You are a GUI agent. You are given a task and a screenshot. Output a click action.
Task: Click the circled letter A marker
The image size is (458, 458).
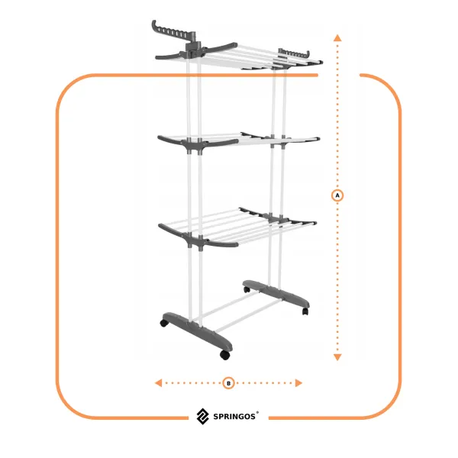[x=337, y=195]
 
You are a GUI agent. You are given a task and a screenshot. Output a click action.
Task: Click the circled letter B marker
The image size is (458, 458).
[x=228, y=383]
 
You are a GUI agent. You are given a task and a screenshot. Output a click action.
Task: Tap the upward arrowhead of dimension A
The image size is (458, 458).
[x=337, y=37]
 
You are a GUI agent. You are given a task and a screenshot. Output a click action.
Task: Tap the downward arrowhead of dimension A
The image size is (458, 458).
[x=337, y=357]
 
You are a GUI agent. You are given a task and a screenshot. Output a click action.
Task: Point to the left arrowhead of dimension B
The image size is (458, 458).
[x=158, y=383]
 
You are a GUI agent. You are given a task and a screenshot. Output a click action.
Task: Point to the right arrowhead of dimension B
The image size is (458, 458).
[x=298, y=383]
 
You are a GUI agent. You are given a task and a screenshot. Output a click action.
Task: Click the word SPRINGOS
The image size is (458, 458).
[x=234, y=417]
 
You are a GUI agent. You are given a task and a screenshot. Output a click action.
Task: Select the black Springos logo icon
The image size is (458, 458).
[x=202, y=416]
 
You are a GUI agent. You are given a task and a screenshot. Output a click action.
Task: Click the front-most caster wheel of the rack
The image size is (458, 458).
[x=224, y=355]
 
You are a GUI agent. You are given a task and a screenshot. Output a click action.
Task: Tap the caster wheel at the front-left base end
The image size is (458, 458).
[x=164, y=323]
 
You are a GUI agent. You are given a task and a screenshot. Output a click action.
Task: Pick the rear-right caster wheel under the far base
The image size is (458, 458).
[x=305, y=311]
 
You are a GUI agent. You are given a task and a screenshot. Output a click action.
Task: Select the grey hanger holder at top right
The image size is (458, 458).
[x=294, y=53]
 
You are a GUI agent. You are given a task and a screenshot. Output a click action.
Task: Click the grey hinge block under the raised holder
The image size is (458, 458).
[x=193, y=49]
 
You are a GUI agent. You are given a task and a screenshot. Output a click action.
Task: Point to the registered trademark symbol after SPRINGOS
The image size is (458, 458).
[x=257, y=412]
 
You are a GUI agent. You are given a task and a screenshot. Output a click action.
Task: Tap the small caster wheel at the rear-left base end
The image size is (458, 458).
[x=247, y=289]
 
